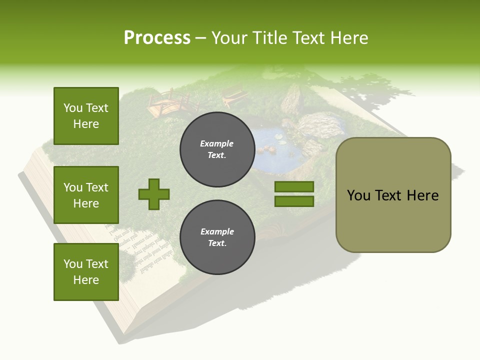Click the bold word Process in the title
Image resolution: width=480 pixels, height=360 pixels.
(x=157, y=38)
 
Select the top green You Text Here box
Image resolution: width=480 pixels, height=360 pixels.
(x=86, y=116)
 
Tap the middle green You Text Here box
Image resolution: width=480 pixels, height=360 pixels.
(x=86, y=195)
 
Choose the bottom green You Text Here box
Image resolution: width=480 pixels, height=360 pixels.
(x=86, y=271)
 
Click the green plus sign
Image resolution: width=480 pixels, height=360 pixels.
(x=154, y=194)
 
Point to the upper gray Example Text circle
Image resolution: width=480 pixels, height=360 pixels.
(x=217, y=149)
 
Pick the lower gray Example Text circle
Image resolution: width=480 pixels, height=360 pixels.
(x=217, y=237)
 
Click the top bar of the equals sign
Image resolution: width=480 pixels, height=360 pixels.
(x=294, y=187)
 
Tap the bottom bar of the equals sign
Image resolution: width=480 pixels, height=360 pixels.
(x=294, y=201)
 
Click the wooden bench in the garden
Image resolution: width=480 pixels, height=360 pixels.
(x=233, y=95)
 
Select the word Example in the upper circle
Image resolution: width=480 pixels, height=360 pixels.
(x=217, y=143)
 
